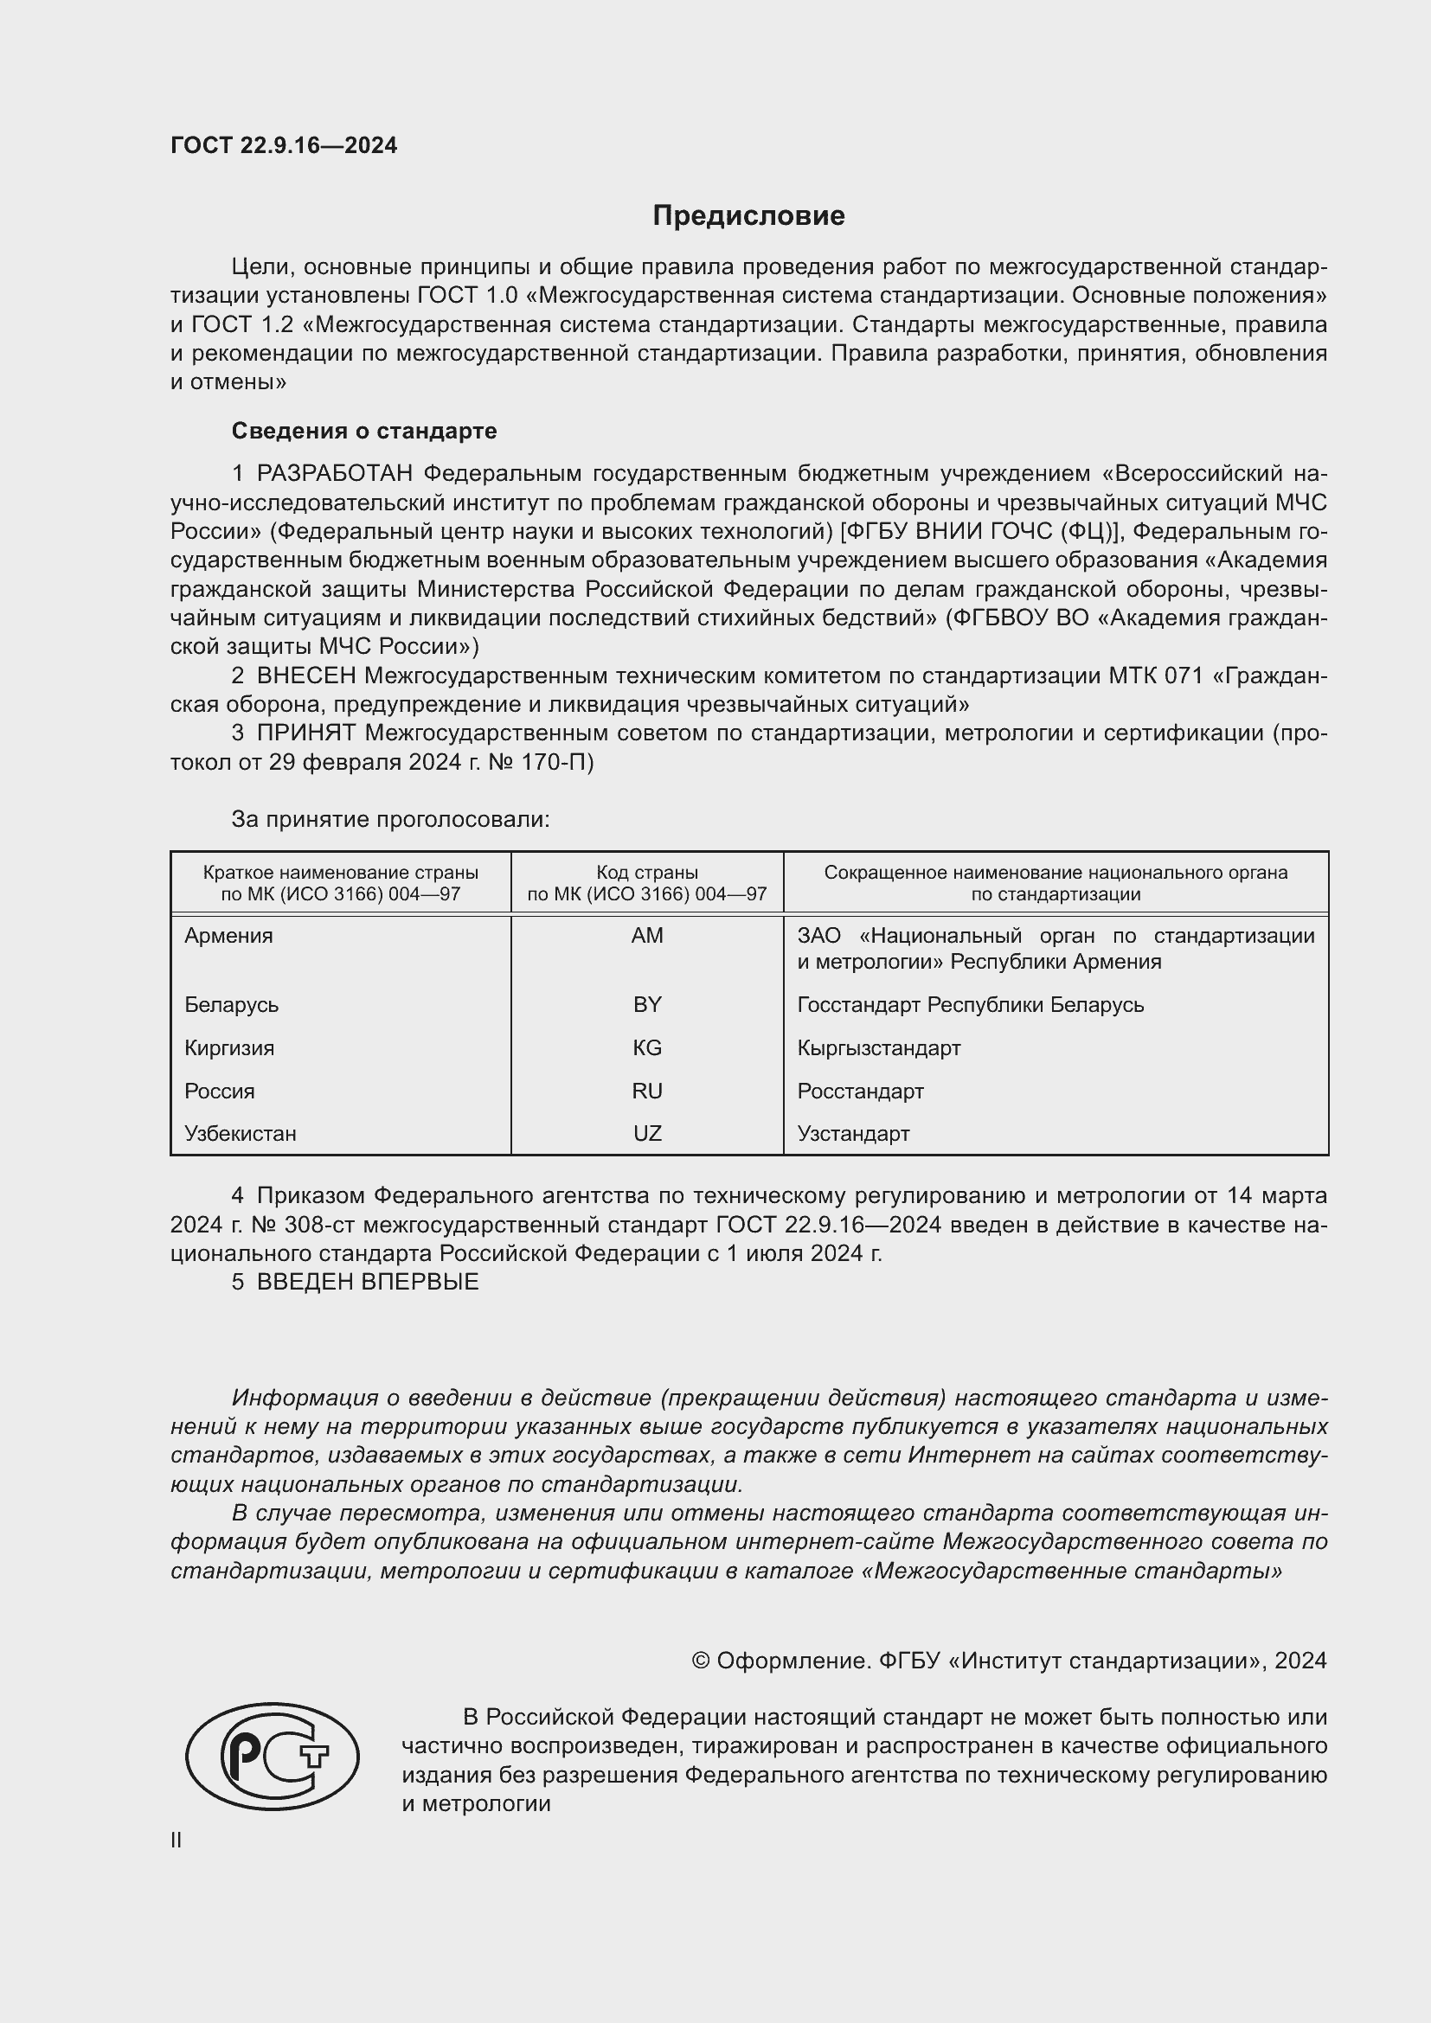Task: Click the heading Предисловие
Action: (x=748, y=216)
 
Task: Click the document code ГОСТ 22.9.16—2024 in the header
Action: (x=284, y=145)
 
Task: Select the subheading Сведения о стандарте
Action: (x=364, y=431)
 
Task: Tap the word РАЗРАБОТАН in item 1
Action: (x=335, y=474)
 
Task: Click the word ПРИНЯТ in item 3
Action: (x=305, y=733)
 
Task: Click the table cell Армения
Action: (x=229, y=936)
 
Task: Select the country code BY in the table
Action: (x=647, y=1004)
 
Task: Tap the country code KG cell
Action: (x=647, y=1047)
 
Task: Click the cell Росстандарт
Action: (x=860, y=1091)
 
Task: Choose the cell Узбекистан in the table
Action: (x=241, y=1134)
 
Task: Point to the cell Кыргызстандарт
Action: (x=878, y=1047)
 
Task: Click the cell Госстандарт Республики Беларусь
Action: (x=970, y=1004)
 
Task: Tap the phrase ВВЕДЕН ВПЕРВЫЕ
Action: (x=368, y=1282)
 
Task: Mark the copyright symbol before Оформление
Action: (x=701, y=1661)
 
